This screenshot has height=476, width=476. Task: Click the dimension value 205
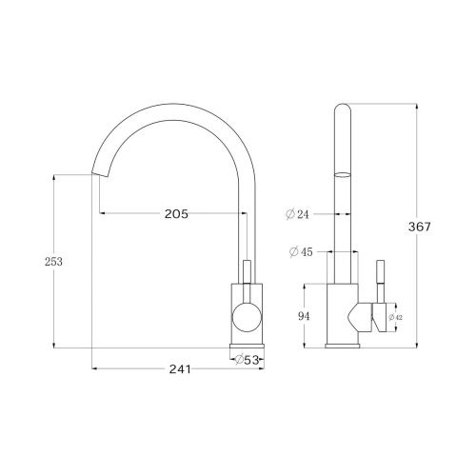click(x=174, y=214)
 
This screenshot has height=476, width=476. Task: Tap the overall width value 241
click(x=173, y=370)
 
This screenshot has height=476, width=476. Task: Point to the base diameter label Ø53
click(x=248, y=359)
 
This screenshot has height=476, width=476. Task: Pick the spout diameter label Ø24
click(x=299, y=214)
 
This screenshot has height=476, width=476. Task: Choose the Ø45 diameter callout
click(x=299, y=251)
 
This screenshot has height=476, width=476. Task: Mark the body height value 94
click(x=306, y=317)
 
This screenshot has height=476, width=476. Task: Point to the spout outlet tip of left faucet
click(x=97, y=178)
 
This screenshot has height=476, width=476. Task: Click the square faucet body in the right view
click(x=344, y=314)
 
